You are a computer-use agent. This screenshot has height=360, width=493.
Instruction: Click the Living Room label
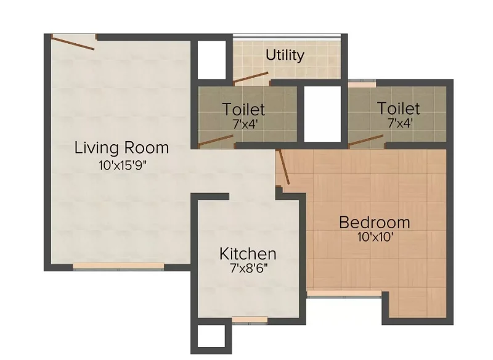coord(121,148)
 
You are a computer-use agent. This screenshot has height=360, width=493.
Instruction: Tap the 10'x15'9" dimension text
coord(123,165)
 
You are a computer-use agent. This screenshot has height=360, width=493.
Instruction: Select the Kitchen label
coord(248,254)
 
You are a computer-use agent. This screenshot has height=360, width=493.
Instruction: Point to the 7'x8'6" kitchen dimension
coord(249,268)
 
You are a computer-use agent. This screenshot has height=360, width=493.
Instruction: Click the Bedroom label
coord(375,223)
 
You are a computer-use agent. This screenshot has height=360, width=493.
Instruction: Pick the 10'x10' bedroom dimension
coord(375,237)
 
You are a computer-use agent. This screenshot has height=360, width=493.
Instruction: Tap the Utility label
coord(285,55)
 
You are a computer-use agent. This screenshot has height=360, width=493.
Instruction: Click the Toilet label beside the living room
coord(243,109)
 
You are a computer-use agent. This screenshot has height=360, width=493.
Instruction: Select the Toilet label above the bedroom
coord(398,108)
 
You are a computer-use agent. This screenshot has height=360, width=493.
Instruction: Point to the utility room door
coord(251,78)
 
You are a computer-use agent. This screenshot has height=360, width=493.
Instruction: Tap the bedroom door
coord(284,166)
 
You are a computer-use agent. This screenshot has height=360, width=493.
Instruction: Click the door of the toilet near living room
coord(216,141)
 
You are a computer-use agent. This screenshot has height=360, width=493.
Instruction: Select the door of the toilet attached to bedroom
coord(366,140)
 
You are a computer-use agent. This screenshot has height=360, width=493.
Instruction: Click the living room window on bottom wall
coord(118,266)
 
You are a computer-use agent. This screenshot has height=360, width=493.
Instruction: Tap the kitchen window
coord(250,320)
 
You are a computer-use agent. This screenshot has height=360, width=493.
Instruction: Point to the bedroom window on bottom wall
coord(344,293)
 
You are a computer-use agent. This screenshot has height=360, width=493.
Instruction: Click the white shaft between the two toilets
coord(322,114)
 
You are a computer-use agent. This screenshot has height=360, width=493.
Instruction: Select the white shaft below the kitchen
coord(211,336)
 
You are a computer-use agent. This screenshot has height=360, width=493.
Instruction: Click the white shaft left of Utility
coord(211,60)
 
